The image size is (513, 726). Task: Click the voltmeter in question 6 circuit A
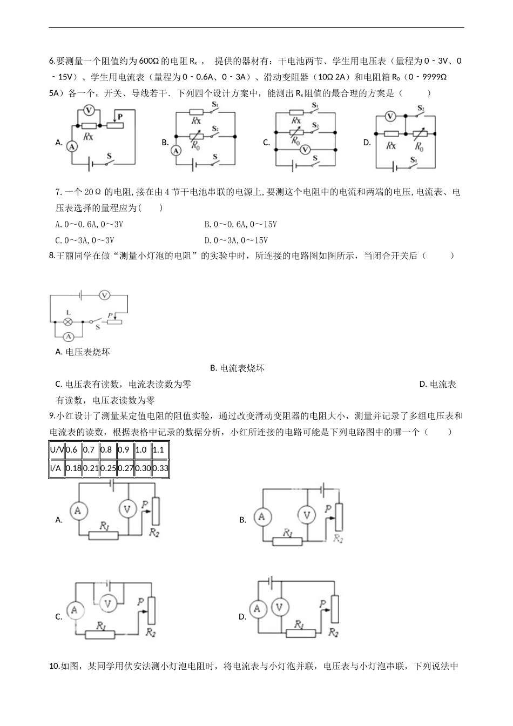90,110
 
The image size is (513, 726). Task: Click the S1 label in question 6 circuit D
413,160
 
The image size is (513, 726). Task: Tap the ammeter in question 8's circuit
69,337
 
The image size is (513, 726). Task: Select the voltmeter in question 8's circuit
105,295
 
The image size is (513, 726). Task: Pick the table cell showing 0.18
73,468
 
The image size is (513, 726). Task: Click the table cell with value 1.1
159,449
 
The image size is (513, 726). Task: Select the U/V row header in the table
57,449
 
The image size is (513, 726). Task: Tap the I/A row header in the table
56,468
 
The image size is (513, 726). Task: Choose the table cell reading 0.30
143,468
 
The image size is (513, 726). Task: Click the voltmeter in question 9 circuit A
127,509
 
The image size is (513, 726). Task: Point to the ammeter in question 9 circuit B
262,517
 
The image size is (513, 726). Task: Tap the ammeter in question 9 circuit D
257,609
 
